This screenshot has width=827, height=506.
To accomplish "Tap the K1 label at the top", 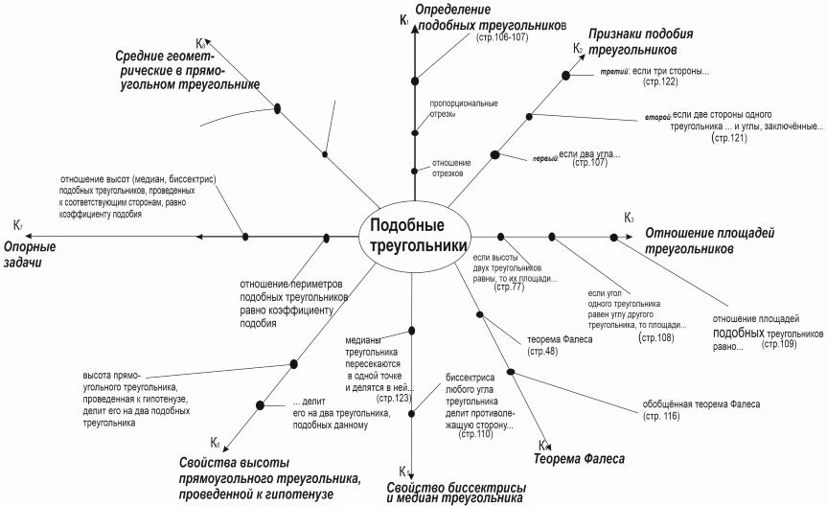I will [404, 20].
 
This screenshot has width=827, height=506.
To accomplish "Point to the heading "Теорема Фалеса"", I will [579, 459].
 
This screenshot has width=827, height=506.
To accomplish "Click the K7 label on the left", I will [18, 225].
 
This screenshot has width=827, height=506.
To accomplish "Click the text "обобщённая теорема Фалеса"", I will [701, 403].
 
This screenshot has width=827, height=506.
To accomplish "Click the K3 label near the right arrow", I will [629, 218].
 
